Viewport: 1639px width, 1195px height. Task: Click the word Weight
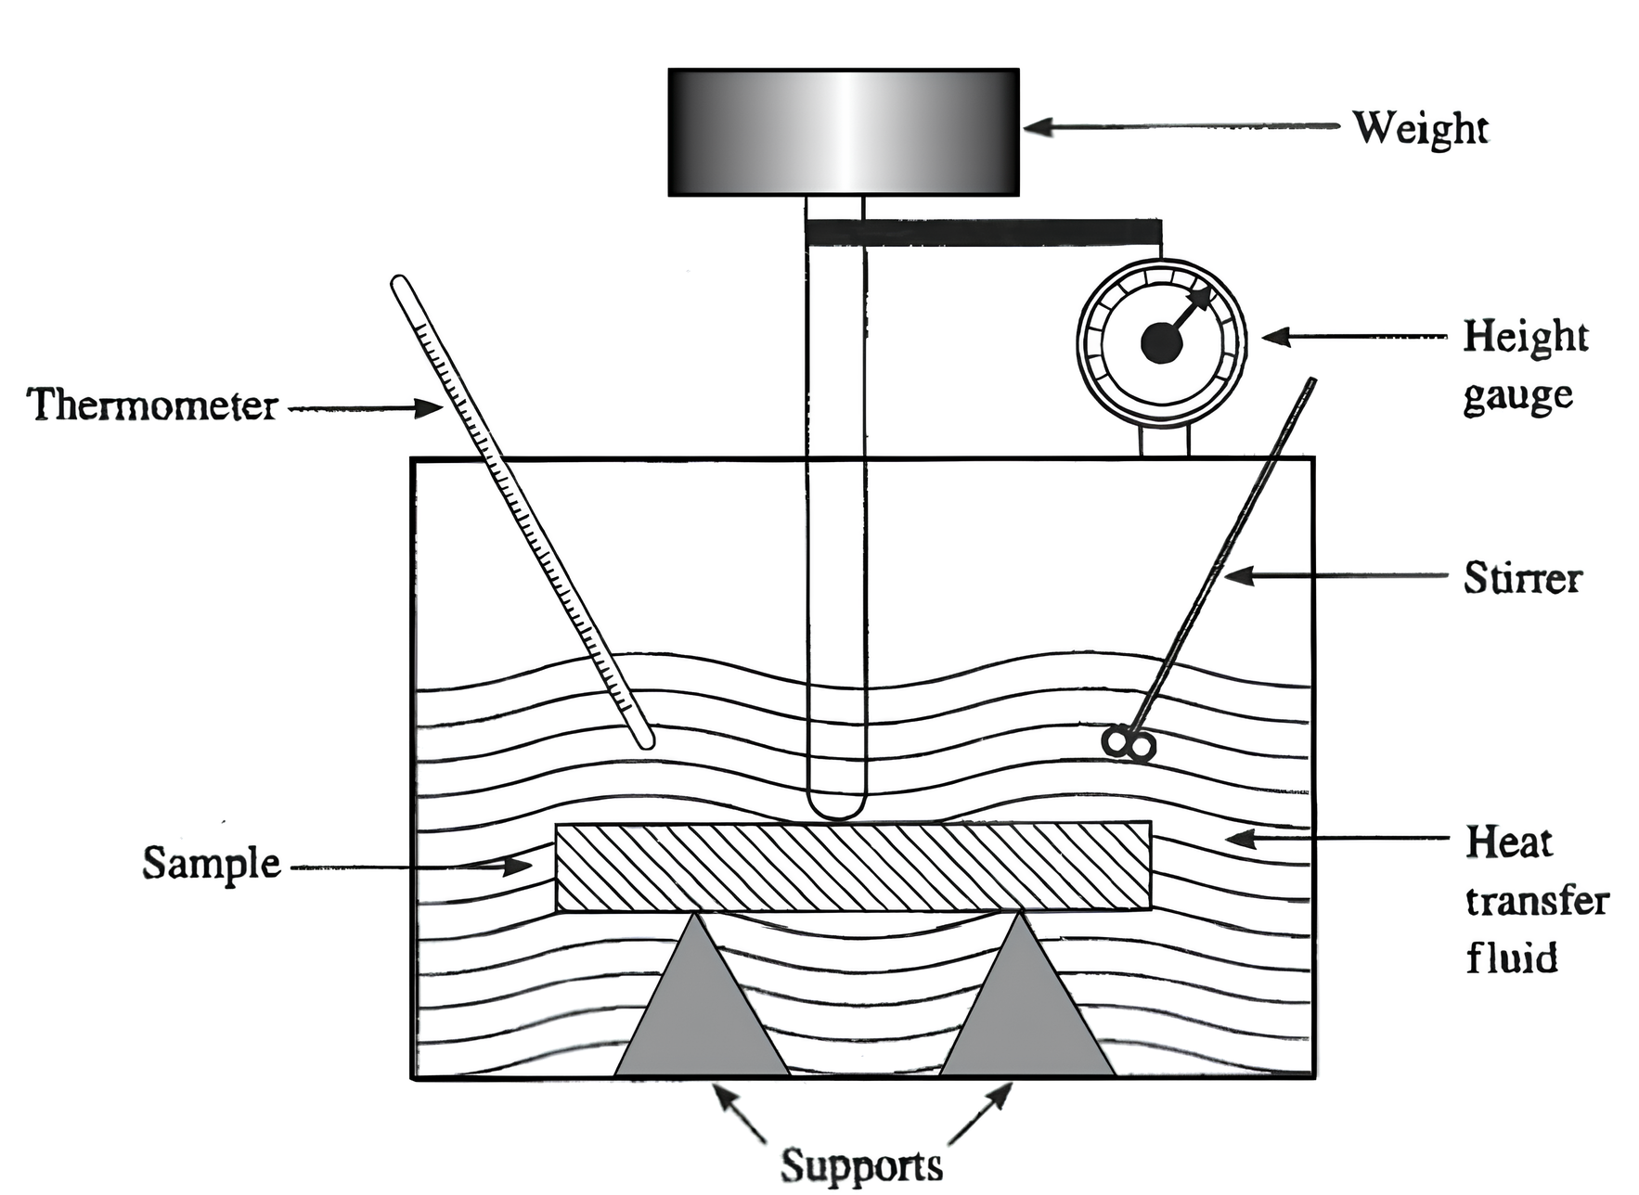[x=1420, y=128]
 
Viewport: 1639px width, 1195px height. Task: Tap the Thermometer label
[x=152, y=406]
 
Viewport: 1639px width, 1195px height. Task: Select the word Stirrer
[x=1522, y=578]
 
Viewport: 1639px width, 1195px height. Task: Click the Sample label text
[x=211, y=864]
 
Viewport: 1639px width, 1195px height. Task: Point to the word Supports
[x=861, y=1165]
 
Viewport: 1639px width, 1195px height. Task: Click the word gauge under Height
[x=1518, y=397]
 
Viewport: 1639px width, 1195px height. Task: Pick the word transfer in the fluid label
[x=1537, y=901]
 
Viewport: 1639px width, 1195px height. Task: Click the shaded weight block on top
[x=843, y=132]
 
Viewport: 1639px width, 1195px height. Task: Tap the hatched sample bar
[x=852, y=867]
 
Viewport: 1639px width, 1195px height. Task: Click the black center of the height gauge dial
[x=1161, y=344]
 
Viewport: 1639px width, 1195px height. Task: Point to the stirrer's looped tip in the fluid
[x=1129, y=744]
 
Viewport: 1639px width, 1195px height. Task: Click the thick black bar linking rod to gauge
[x=984, y=232]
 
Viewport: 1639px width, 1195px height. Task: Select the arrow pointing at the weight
[x=1179, y=127]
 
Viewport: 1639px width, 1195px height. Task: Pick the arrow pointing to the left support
[x=738, y=1113]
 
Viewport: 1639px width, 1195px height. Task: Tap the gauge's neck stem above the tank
[x=1165, y=440]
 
